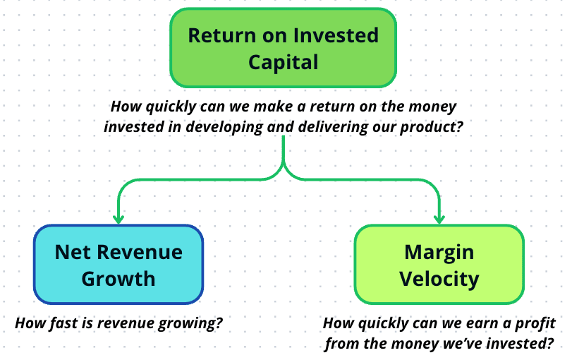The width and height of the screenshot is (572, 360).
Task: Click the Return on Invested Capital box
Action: coord(283,48)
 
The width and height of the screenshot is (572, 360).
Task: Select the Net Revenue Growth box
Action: coord(118,264)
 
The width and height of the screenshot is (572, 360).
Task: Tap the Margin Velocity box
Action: coord(439,264)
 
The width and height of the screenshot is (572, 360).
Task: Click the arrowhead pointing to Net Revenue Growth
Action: coord(118,219)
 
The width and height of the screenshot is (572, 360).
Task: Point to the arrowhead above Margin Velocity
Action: coord(439,219)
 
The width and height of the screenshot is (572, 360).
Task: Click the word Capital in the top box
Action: coord(283,62)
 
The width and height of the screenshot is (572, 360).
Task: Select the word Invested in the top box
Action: coord(336,35)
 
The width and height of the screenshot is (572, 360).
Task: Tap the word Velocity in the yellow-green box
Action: coord(439,279)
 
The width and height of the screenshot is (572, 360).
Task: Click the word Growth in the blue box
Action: coord(118,279)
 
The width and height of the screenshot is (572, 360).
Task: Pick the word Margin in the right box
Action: coord(439,252)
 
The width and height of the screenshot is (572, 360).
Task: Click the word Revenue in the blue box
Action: coord(140,252)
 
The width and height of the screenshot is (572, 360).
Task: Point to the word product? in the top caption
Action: coord(431,127)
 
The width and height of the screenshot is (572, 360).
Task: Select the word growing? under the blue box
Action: coord(190,323)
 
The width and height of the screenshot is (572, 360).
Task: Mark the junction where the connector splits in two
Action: coord(283,164)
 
